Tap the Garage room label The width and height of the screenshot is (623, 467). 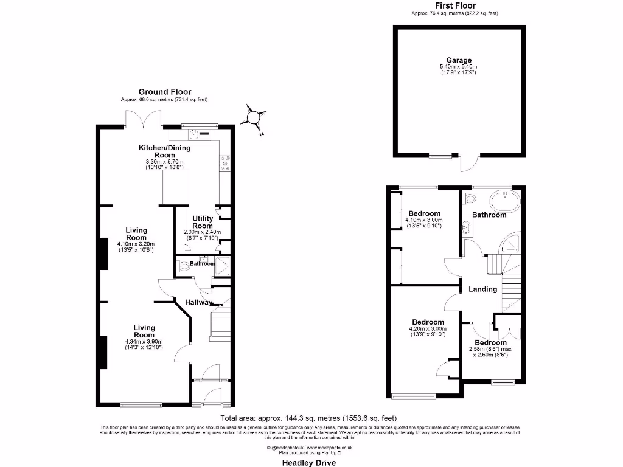[459, 60]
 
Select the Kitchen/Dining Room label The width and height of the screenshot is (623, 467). [164, 151]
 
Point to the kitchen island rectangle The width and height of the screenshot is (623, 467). [175, 187]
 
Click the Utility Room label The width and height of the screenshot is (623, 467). [203, 222]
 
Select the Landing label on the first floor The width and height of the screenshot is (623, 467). [482, 289]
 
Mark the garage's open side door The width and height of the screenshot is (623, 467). [468, 162]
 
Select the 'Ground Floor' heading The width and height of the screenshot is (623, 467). [164, 92]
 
